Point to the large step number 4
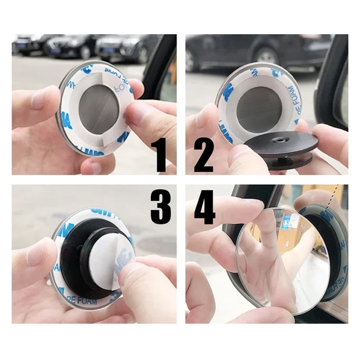point(205,209)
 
